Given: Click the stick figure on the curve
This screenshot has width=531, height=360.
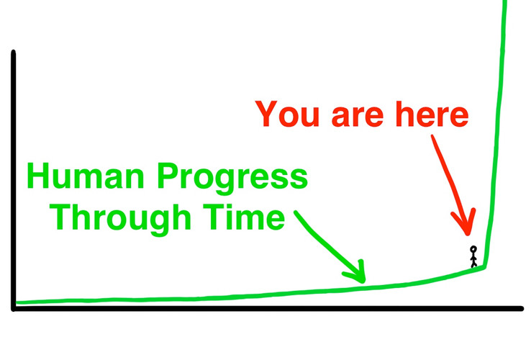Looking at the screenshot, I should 473,256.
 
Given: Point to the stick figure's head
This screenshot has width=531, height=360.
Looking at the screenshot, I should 473,249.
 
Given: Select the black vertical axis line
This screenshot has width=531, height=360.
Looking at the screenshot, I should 13,180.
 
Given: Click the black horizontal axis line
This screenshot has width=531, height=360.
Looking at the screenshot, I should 266,308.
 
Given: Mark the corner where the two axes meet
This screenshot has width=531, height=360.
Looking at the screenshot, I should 14,308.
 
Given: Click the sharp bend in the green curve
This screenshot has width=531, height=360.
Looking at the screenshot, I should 484,266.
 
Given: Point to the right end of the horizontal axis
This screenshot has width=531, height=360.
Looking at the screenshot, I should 521,308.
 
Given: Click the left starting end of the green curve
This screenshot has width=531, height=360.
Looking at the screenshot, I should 17,302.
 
